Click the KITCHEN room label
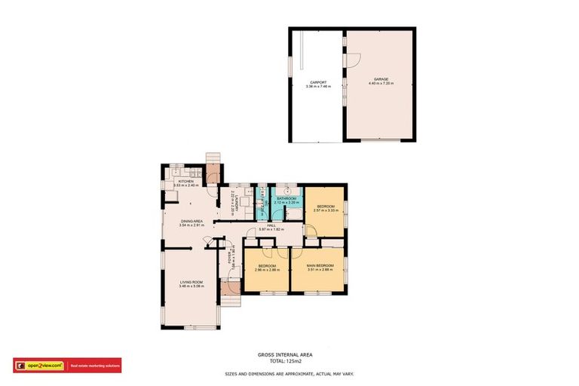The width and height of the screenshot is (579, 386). [x=186, y=181]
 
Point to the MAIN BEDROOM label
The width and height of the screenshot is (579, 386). [x=320, y=265]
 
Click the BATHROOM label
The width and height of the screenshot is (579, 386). [x=286, y=198]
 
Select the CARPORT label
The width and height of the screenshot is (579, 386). [x=318, y=82]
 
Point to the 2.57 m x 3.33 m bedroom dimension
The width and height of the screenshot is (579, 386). [x=326, y=210]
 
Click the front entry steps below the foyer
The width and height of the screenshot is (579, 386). [x=229, y=288]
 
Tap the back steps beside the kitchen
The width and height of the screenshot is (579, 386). [x=213, y=156]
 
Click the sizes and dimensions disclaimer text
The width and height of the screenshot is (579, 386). [x=289, y=374]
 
